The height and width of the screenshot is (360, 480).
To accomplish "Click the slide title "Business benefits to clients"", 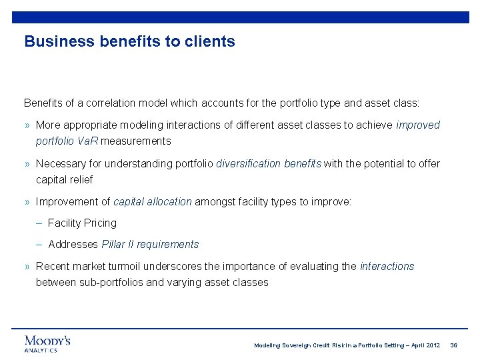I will click(129, 41).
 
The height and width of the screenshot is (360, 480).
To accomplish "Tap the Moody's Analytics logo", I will click(47, 343).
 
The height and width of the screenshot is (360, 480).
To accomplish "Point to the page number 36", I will click(454, 345).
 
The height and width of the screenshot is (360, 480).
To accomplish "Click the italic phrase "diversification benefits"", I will click(269, 163).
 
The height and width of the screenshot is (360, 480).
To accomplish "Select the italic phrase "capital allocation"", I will click(153, 201).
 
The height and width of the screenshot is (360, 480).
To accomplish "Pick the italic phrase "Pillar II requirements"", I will click(150, 244).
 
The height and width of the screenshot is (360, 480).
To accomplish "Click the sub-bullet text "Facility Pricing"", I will click(82, 223).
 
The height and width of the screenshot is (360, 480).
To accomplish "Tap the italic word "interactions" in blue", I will click(387, 266).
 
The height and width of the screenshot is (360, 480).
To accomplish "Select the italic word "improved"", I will click(418, 125).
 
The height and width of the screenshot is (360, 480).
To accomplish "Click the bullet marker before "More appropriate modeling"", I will click(27, 125).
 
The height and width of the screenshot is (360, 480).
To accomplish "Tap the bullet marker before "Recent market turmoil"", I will click(27, 267).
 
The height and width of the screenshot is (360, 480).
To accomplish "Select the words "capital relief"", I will click(64, 179).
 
